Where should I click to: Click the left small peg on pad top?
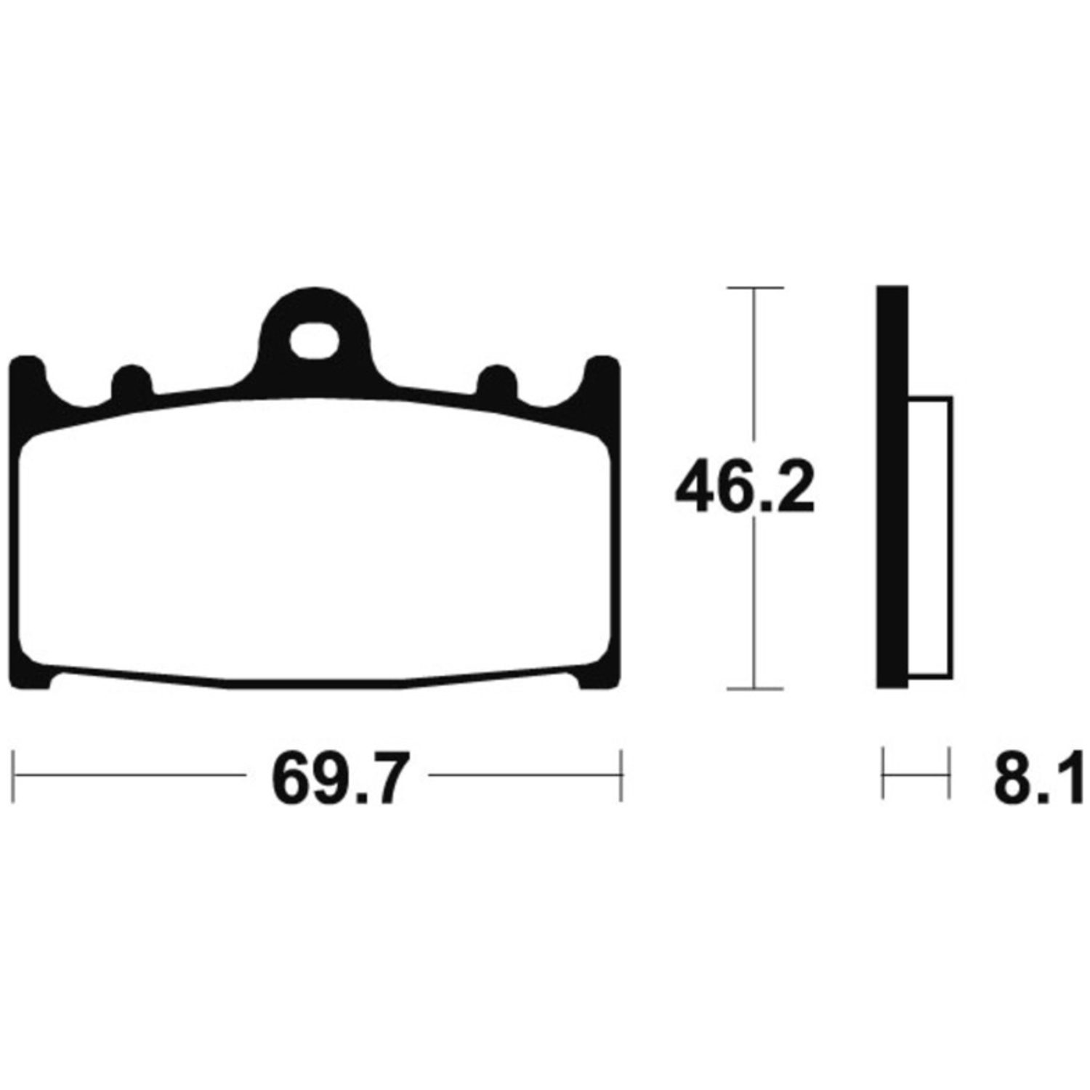point(132,381)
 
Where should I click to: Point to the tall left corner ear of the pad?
point(29,385)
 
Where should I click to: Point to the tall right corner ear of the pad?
point(602,385)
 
